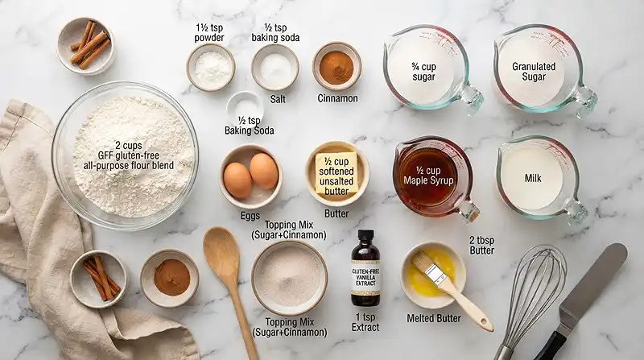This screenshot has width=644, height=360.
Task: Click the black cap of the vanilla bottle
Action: (365, 235)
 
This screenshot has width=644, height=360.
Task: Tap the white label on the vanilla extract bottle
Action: (365, 278)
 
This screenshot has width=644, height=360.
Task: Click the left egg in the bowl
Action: (237, 180)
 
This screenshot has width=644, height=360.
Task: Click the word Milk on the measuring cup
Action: (533, 178)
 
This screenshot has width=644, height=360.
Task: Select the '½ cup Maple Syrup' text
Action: (428, 176)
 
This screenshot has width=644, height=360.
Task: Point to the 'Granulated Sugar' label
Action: (534, 72)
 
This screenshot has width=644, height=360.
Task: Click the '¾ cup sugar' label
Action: (423, 72)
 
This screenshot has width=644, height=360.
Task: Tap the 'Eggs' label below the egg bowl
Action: (250, 216)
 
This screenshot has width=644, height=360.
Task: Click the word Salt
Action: (278, 99)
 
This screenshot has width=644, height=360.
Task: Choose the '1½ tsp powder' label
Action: (209, 32)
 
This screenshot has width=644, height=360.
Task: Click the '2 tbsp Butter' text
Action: (481, 246)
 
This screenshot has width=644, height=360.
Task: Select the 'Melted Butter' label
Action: (434, 318)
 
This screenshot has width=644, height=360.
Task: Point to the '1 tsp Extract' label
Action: (365, 322)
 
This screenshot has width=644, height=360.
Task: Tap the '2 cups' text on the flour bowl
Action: (129, 146)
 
